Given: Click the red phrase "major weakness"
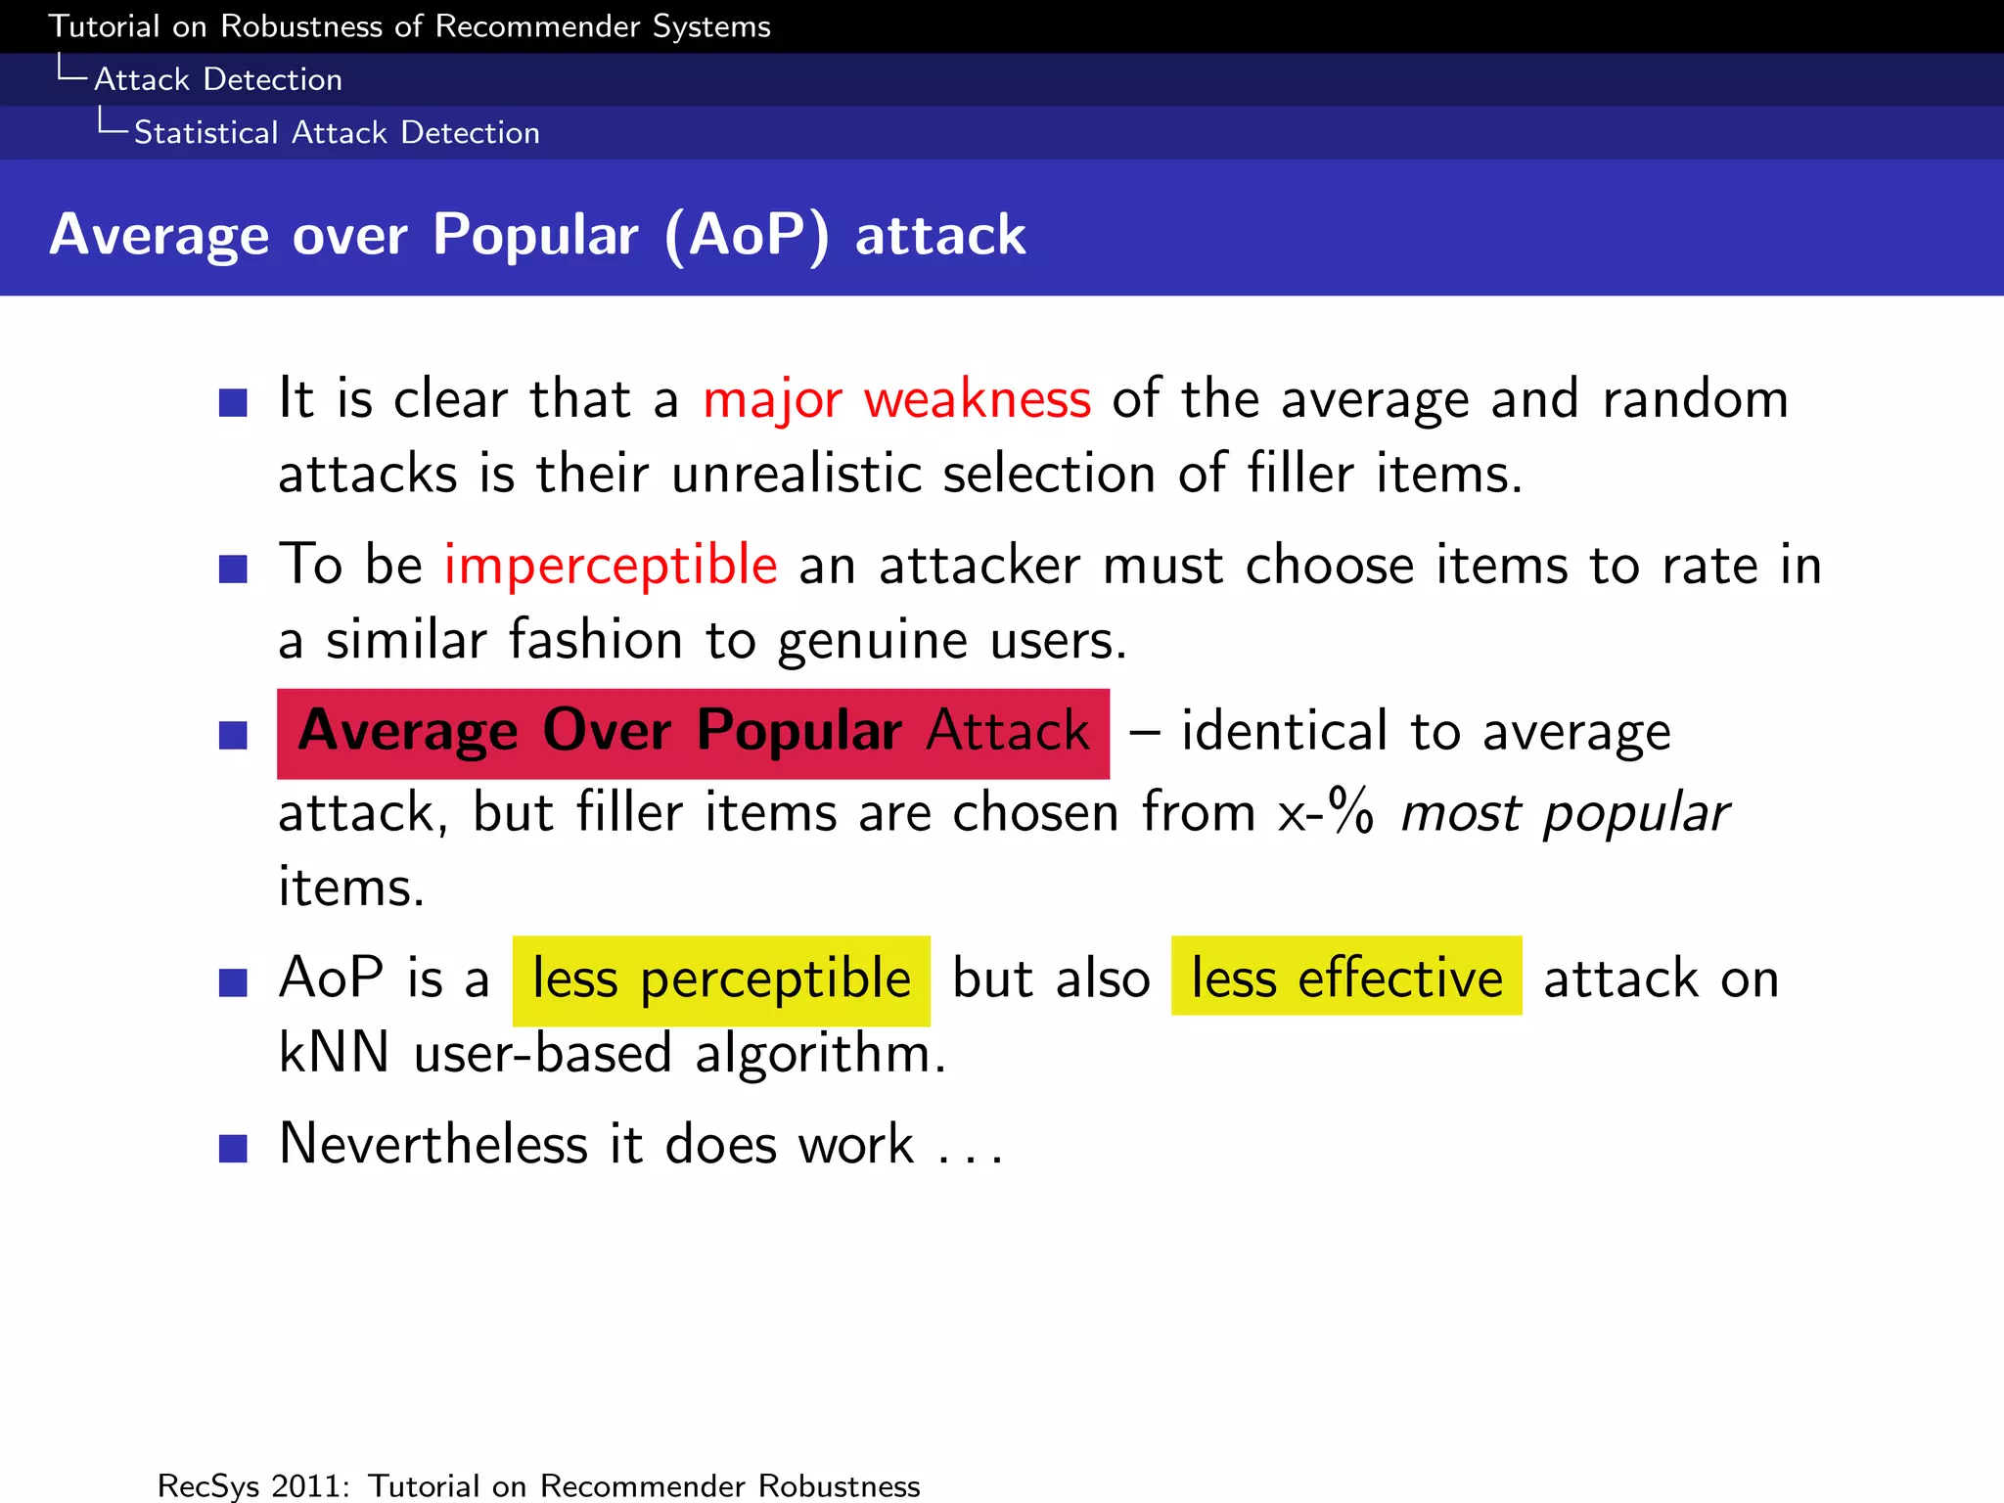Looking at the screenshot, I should tap(896, 399).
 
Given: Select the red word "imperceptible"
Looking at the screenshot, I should tap(611, 565).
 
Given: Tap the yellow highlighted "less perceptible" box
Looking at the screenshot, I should tap(721, 979).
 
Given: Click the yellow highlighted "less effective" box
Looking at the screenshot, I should tap(1346, 978).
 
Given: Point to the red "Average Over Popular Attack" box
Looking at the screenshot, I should tap(693, 733).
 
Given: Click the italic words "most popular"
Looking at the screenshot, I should tap(1565, 813).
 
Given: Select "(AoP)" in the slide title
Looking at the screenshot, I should tap(747, 235).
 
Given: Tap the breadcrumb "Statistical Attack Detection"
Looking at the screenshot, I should tap(337, 133).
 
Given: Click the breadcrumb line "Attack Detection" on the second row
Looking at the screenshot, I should tap(218, 79).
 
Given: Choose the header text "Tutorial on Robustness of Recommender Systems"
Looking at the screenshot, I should tap(410, 26).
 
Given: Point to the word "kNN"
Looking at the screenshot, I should tap(334, 1054).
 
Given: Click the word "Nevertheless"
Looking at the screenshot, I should tap(433, 1144).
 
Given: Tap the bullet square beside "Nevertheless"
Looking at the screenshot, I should tap(233, 1148).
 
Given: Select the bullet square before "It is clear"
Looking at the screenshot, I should tap(233, 402).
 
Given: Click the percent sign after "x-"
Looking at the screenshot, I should tap(1351, 812).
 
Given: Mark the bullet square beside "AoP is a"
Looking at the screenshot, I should tap(233, 982).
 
